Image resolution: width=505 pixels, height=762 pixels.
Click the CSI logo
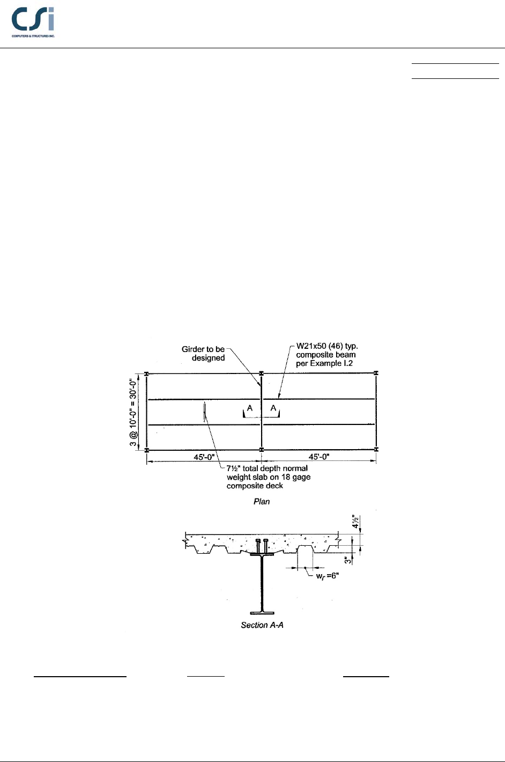click(33, 22)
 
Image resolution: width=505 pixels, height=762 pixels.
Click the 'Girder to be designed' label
click(203, 354)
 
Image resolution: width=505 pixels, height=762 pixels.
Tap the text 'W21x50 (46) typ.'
click(327, 346)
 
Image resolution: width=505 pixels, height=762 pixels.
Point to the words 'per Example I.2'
click(324, 363)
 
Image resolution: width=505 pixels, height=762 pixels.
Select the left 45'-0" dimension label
click(204, 457)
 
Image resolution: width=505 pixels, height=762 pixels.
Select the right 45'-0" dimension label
click(319, 457)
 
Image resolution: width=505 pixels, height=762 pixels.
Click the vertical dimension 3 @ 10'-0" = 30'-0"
click(133, 412)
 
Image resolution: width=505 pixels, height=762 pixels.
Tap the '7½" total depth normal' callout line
click(267, 468)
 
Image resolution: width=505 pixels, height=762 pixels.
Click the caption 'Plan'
click(262, 502)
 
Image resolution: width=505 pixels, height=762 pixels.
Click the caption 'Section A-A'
click(262, 625)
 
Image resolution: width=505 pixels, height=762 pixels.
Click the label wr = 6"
click(327, 576)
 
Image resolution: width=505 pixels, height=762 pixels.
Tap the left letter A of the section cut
click(250, 408)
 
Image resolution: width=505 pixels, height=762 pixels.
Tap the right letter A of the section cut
click(273, 408)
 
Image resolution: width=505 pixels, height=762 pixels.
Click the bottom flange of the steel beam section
click(262, 612)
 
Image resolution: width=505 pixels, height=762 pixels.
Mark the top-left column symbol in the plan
click(146, 373)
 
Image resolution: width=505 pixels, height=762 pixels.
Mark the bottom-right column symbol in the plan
click(376, 449)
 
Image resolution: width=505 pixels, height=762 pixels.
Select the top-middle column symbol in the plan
click(262, 373)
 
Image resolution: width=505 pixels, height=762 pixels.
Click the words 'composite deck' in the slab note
click(255, 486)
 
